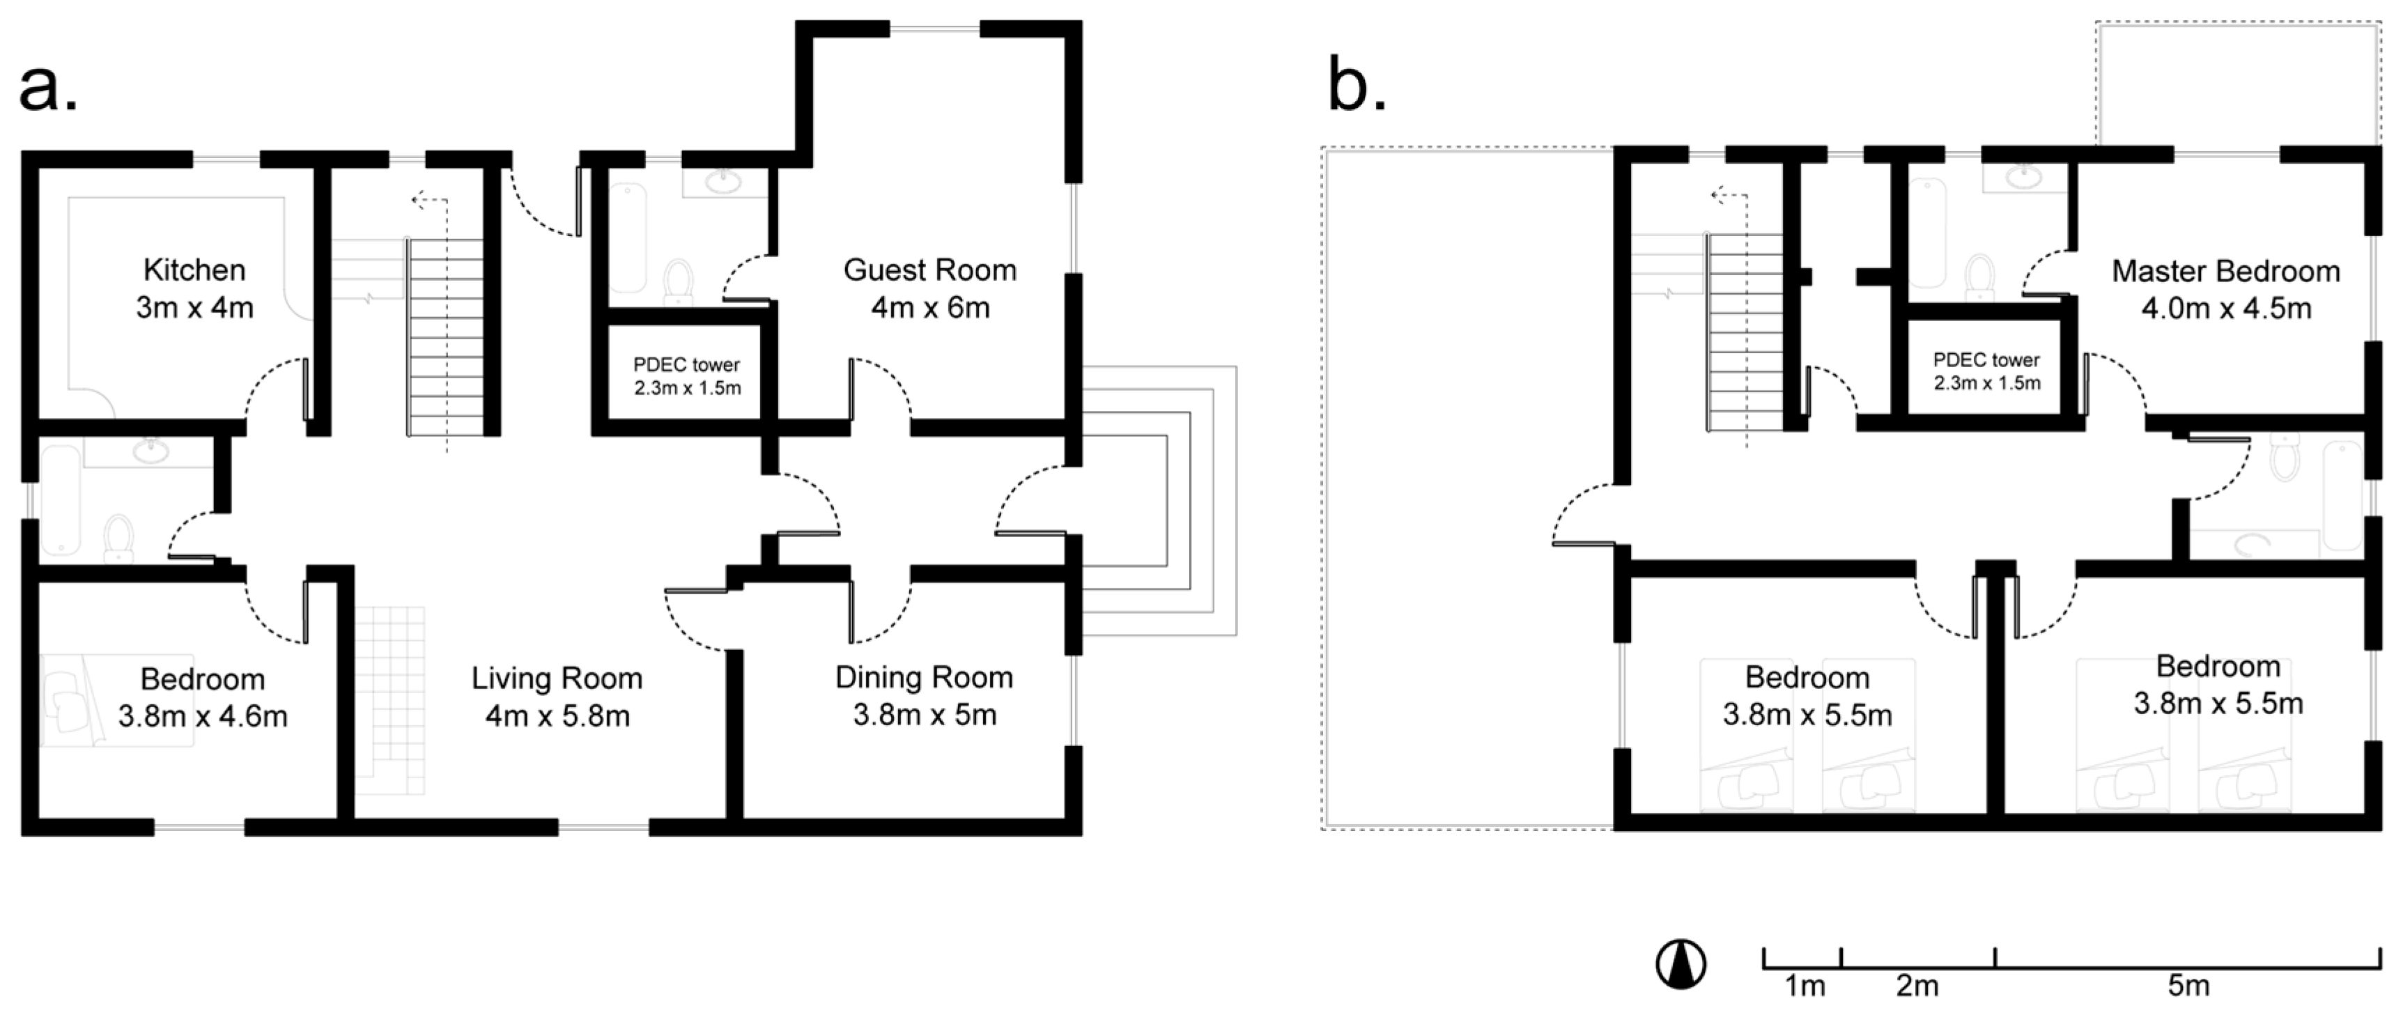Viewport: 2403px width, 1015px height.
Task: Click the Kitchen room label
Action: coord(194,270)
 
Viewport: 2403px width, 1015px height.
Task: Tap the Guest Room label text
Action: coord(929,270)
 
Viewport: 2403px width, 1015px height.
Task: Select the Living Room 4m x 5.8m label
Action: coord(557,697)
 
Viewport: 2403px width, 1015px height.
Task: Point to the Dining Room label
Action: coord(924,677)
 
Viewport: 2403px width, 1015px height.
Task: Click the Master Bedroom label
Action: coord(2226,272)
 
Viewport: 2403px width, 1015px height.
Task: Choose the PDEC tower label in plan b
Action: coord(1986,371)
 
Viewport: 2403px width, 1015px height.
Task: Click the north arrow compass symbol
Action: coord(1681,963)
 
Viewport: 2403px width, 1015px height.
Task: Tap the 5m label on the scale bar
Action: coord(2188,986)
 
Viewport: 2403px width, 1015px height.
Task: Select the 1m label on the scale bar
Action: coord(1804,986)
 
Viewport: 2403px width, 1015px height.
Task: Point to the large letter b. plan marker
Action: coord(1357,86)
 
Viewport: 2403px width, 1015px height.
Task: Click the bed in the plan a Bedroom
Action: coord(116,699)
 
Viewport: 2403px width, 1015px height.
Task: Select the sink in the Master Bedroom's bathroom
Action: coord(2023,177)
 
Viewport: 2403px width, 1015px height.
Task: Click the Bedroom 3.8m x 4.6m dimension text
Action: coord(203,716)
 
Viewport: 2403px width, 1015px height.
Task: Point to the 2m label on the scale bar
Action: coord(1917,986)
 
